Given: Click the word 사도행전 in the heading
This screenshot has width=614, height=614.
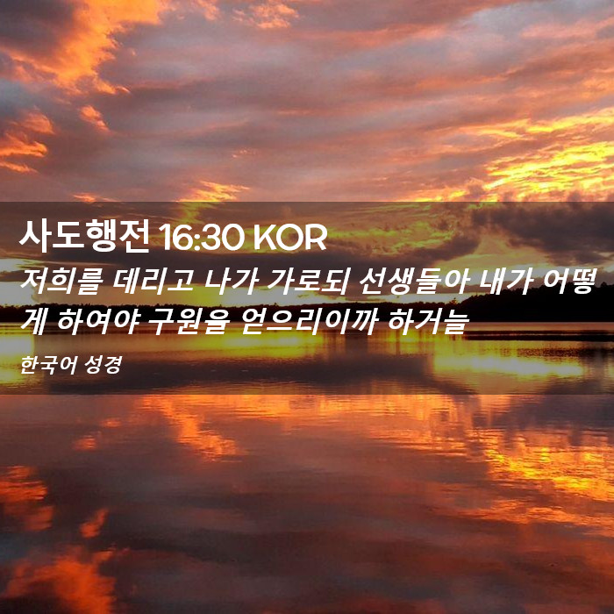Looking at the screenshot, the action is pyautogui.click(x=84, y=236).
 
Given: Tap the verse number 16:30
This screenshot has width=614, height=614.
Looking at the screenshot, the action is pyautogui.click(x=201, y=238).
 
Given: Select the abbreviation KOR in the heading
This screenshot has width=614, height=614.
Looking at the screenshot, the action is pyautogui.click(x=290, y=238).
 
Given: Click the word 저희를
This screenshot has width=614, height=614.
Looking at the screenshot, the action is pyautogui.click(x=61, y=282).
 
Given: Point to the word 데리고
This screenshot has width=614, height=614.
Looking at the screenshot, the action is pyautogui.click(x=153, y=282).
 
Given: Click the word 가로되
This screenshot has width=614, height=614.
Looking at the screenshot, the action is pyautogui.click(x=308, y=282).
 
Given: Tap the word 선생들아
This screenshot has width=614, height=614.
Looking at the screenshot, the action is pyautogui.click(x=413, y=282).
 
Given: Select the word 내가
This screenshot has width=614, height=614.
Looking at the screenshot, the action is pyautogui.click(x=505, y=282).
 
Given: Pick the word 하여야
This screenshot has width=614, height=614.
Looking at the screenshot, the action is pyautogui.click(x=98, y=322).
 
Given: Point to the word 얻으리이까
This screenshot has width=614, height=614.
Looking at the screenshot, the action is pyautogui.click(x=310, y=322).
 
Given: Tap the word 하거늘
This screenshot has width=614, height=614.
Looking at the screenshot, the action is pyautogui.click(x=428, y=322).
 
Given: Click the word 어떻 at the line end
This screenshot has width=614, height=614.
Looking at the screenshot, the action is pyautogui.click(x=569, y=282).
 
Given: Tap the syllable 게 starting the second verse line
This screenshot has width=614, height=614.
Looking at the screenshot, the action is pyautogui.click(x=34, y=322).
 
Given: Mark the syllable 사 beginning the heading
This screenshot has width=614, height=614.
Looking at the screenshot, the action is pyautogui.click(x=34, y=236).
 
